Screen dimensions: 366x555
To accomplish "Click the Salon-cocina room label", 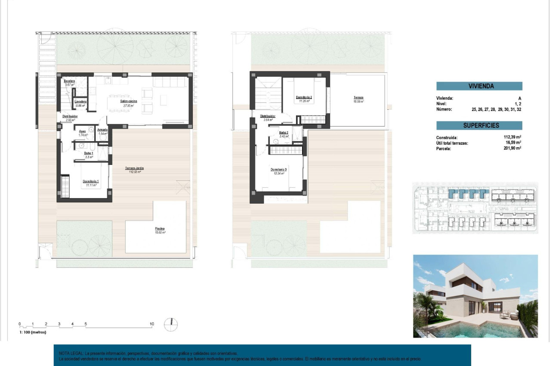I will pos(129,101).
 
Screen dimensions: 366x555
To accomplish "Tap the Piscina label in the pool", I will pos(160,229).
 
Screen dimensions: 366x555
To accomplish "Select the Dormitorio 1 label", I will pos(91,181).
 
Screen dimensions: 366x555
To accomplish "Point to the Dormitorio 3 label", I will pos(278,170).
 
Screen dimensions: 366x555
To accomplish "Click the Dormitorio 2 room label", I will pos(304,98).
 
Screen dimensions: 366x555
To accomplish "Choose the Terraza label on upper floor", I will pos(358,98).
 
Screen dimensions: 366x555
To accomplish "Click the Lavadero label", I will pos(80,101).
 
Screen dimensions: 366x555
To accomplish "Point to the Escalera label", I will pos(70,81).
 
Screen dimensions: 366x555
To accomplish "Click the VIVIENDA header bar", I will pos(479,86).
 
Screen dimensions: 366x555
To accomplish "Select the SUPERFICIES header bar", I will pos(479,125).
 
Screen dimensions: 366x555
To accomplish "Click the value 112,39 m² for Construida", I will pos(512,137).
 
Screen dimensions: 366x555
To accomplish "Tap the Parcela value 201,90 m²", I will pos(512,148).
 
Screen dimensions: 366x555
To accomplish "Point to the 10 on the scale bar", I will pos(151,323).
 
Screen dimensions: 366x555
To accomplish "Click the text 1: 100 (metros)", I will pos(33,332).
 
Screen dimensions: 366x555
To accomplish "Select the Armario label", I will pos(102,130).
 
